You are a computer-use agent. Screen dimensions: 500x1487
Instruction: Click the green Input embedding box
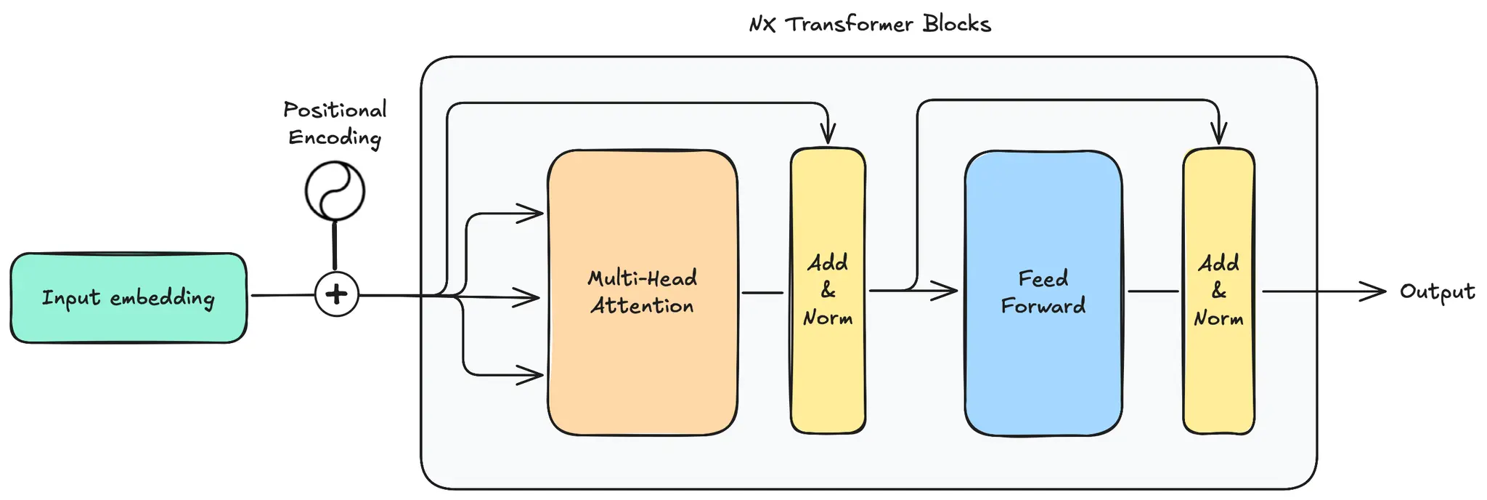129,298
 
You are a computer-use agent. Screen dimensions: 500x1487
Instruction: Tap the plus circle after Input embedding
336,294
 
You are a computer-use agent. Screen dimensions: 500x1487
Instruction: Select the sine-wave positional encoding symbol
335,190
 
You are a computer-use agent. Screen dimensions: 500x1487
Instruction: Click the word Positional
335,110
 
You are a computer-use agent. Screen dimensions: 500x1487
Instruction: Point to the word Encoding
335,137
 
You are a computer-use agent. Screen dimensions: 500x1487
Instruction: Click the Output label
1437,292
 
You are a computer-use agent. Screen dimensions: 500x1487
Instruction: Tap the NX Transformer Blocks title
870,24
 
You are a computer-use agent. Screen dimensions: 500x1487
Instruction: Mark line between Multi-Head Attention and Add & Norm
762,293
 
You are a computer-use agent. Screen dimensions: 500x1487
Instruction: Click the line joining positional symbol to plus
335,246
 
